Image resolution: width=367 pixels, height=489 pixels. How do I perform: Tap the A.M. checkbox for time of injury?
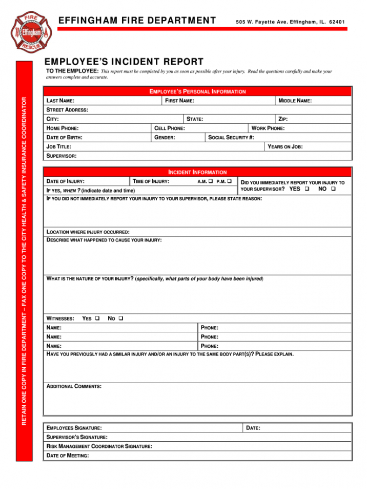tap(211, 181)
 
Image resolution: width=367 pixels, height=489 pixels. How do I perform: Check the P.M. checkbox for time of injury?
tap(229, 181)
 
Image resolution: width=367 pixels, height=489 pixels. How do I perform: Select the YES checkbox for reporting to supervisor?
tap(307, 189)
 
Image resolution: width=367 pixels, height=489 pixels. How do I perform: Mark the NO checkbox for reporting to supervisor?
tap(333, 189)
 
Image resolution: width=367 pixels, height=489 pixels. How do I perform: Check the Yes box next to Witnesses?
tap(97, 318)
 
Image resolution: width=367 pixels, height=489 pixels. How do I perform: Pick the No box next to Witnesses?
tap(121, 318)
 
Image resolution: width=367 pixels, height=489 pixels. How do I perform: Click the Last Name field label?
tap(60, 101)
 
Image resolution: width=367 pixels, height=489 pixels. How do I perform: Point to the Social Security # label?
tap(231, 138)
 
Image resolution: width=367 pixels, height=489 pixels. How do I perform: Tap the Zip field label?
tap(283, 119)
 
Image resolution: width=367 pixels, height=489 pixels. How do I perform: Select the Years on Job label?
tap(285, 147)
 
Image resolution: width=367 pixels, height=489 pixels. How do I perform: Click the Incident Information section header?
tap(197, 172)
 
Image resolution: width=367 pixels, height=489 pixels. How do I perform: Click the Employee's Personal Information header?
tap(197, 91)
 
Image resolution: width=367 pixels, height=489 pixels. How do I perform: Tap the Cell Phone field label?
tap(170, 128)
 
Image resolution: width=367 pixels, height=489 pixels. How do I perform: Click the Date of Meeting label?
tap(68, 456)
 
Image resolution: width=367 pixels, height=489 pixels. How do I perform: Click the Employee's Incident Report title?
tap(125, 62)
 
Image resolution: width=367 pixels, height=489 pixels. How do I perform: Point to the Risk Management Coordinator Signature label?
tap(99, 446)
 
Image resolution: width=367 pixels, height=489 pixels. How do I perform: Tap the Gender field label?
tap(165, 138)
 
